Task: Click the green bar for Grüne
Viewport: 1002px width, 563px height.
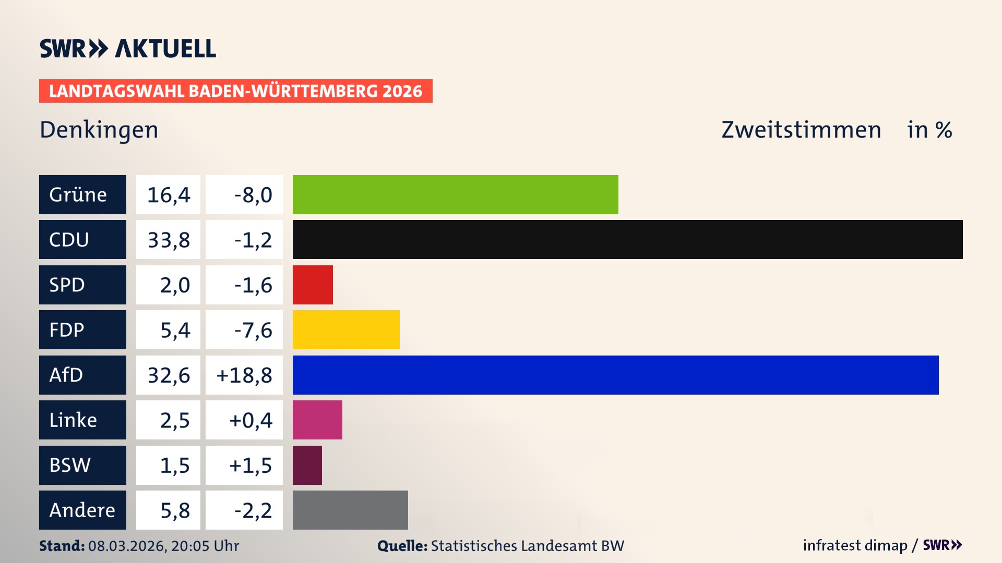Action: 455,194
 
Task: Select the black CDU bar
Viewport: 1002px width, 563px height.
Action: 627,239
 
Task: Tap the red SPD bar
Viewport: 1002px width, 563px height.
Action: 313,285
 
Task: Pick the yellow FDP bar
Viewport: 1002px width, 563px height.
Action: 346,329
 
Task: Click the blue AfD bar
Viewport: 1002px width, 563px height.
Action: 615,375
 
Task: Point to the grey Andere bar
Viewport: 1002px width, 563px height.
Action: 350,510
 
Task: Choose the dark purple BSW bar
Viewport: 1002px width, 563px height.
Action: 307,465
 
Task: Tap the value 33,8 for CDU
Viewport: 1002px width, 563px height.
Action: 169,240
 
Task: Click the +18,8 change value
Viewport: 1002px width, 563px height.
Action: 244,375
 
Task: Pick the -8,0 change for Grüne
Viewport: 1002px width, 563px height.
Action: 253,195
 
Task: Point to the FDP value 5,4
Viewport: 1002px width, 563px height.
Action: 175,330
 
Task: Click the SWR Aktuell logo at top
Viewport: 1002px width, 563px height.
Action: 128,48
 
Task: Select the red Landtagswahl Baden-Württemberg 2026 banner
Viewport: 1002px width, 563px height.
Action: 235,91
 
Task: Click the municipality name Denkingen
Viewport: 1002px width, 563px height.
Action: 99,130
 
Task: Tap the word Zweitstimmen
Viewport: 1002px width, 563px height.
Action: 801,130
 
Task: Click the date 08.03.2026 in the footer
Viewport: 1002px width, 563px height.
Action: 127,546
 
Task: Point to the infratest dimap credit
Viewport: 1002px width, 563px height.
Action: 855,545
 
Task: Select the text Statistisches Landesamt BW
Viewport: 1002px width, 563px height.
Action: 527,546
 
